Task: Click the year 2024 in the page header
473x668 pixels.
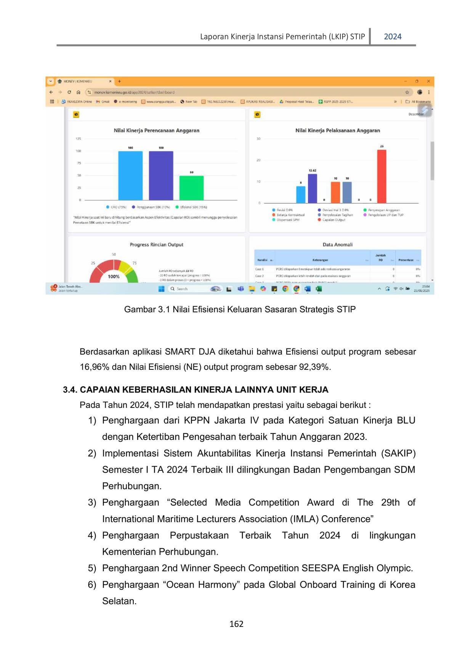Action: click(392, 37)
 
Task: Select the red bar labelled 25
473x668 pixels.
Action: click(382, 176)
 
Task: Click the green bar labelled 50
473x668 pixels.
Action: click(191, 188)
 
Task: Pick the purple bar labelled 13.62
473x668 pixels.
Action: click(313, 189)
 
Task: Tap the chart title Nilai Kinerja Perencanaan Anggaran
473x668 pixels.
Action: click(156, 130)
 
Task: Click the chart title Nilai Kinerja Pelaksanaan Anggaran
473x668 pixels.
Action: click(337, 130)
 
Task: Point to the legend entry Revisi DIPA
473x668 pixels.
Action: click(284, 210)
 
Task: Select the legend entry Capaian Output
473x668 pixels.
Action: click(334, 220)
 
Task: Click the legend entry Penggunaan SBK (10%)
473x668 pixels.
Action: click(153, 207)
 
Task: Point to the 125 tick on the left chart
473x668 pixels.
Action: click(78, 139)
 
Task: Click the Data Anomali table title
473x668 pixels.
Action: click(337, 245)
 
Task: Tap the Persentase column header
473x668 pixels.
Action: click(406, 260)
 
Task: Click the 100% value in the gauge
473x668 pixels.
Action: click(114, 276)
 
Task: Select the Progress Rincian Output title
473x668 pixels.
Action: click(156, 245)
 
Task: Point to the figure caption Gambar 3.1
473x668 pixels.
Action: click(240, 309)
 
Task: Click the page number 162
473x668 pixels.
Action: click(236, 624)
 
